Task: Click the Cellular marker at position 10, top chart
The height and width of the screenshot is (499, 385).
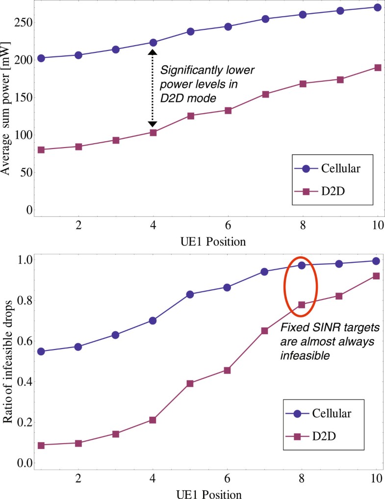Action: (x=377, y=7)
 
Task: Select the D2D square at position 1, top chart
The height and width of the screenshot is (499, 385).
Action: (x=41, y=150)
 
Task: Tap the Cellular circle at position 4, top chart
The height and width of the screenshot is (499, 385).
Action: (x=153, y=43)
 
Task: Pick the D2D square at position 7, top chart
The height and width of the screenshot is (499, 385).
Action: (x=265, y=94)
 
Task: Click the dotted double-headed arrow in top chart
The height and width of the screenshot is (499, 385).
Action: (x=153, y=88)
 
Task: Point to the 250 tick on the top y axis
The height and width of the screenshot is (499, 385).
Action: (x=20, y=23)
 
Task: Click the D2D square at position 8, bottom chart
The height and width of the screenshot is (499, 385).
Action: (x=302, y=305)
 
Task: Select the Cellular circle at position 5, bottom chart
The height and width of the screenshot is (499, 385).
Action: (x=190, y=294)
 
